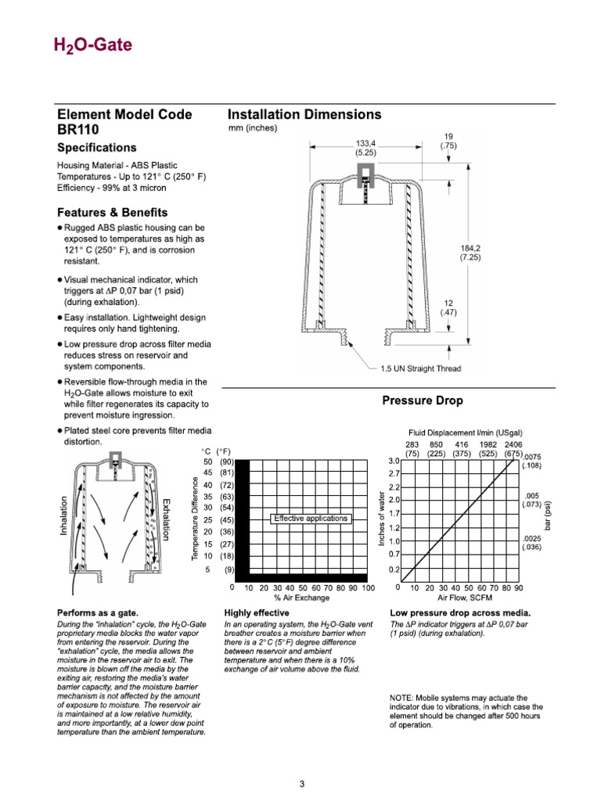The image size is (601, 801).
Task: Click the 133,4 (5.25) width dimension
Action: click(365, 148)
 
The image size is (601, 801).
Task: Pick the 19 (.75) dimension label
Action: click(448, 140)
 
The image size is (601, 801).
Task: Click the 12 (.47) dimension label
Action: click(448, 307)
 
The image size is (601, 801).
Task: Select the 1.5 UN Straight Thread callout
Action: click(420, 368)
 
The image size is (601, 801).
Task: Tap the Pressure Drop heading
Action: click(422, 400)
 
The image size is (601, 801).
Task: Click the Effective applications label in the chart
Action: click(311, 518)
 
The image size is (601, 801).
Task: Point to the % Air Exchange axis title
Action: click(301, 598)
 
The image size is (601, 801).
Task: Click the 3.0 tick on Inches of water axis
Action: click(394, 461)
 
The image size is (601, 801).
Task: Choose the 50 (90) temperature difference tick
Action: click(218, 462)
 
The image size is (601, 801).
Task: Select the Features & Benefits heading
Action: click(112, 212)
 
